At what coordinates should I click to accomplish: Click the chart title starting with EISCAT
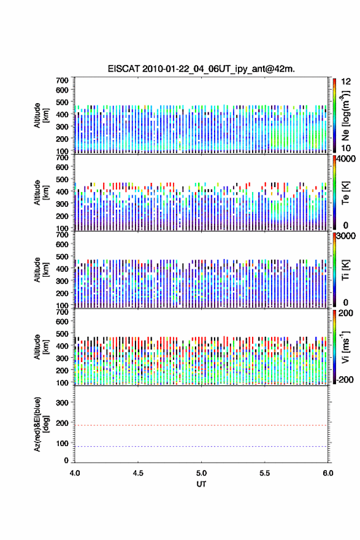pyautogui.click(x=201, y=69)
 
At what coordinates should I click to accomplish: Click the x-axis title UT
pyautogui.click(x=201, y=484)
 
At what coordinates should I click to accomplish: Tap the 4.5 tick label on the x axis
pyautogui.click(x=138, y=473)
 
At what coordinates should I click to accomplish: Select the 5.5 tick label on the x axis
pyautogui.click(x=265, y=473)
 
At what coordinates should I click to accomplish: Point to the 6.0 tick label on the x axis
pyautogui.click(x=328, y=473)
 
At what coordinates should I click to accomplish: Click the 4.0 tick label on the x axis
pyautogui.click(x=75, y=473)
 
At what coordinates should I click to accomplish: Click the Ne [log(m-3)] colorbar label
pyautogui.click(x=345, y=116)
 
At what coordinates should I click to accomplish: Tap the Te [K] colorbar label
pyautogui.click(x=345, y=193)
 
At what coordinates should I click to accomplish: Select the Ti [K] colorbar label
pyautogui.click(x=345, y=270)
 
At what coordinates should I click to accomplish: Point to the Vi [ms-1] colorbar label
pyautogui.click(x=345, y=347)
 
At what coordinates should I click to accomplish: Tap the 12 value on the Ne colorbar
pyautogui.click(x=346, y=82)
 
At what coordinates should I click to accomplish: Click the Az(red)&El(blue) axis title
pyautogui.click(x=41, y=424)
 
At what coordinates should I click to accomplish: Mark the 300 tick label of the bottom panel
pyautogui.click(x=62, y=403)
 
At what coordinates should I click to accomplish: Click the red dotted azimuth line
pyautogui.click(x=201, y=425)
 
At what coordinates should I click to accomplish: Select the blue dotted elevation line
pyautogui.click(x=201, y=446)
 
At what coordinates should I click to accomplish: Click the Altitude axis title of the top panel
pyautogui.click(x=41, y=115)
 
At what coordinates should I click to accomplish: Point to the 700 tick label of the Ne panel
pyautogui.click(x=62, y=80)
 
